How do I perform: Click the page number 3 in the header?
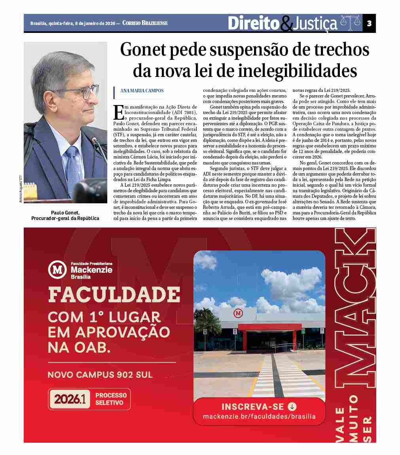click(369, 23)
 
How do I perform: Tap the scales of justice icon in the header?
click(351, 23)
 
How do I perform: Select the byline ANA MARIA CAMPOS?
click(142, 91)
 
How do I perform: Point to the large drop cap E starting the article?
click(118, 113)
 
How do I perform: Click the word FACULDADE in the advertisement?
click(114, 294)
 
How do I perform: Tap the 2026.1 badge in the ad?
click(70, 399)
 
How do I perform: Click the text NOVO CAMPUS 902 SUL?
click(100, 375)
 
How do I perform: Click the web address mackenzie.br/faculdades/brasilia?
click(259, 417)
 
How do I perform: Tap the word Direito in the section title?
click(254, 23)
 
